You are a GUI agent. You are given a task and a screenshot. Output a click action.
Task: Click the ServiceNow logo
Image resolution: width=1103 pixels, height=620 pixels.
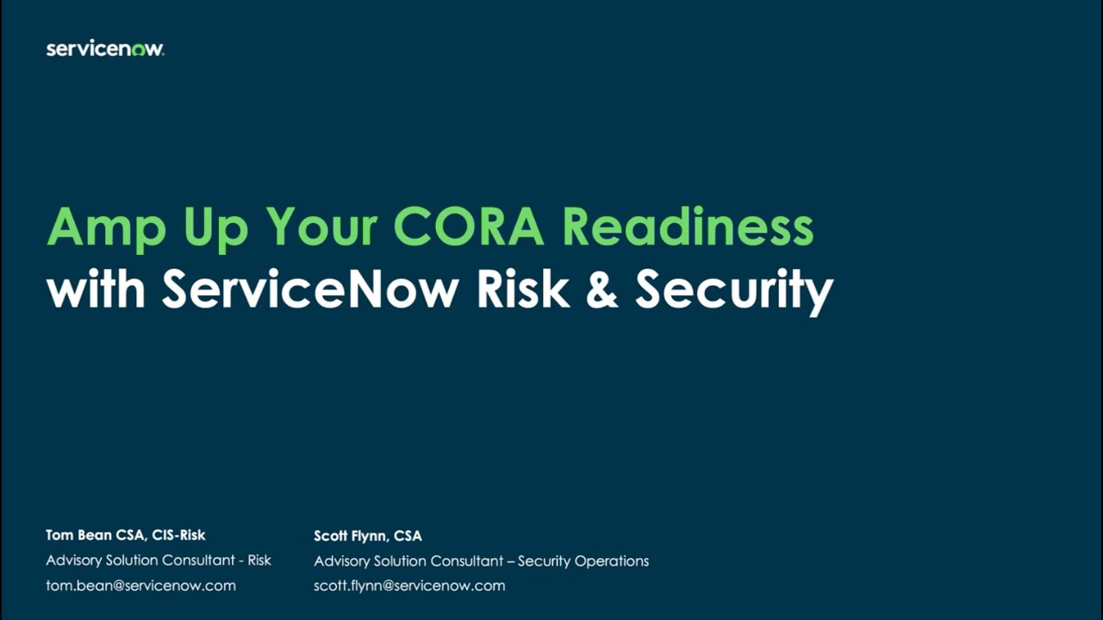[x=105, y=49]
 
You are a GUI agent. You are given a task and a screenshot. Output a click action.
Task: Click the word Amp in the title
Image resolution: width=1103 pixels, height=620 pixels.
[x=105, y=227]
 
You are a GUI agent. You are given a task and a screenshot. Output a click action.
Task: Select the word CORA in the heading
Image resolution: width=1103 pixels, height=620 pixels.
[x=469, y=226]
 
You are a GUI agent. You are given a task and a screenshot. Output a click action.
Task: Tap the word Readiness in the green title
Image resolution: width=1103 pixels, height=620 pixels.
[x=688, y=226]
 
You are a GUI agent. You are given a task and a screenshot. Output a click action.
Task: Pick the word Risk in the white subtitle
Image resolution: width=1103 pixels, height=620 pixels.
[x=523, y=289]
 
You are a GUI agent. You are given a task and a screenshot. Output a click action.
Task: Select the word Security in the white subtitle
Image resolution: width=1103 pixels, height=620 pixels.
[x=734, y=291]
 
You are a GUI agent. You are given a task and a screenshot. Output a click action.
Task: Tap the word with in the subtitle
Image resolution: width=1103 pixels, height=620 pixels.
[x=96, y=289]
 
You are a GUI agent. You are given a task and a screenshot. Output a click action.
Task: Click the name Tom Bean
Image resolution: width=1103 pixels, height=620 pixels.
[x=79, y=536]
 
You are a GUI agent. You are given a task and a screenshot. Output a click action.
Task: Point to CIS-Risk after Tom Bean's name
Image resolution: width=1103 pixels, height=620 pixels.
[x=178, y=536]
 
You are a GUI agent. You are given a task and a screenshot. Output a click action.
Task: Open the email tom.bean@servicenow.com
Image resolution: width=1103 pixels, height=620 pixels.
[x=140, y=586]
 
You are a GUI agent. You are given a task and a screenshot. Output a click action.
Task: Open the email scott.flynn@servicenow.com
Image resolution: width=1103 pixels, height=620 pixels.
[x=409, y=586]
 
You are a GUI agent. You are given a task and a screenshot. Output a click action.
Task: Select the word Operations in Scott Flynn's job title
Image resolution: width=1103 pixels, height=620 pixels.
[x=611, y=561]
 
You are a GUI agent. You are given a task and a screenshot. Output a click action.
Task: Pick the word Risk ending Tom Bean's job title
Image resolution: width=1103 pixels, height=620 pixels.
[x=259, y=561]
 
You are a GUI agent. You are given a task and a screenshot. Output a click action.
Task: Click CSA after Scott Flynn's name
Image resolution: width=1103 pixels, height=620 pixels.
[x=408, y=536]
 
